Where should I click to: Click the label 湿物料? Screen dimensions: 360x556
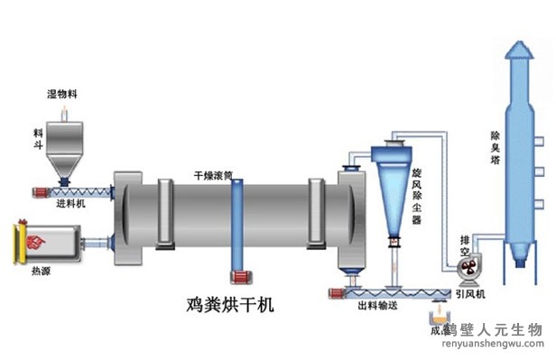pyautogui.click(x=63, y=94)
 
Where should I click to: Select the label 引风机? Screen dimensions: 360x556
pyautogui.click(x=469, y=293)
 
